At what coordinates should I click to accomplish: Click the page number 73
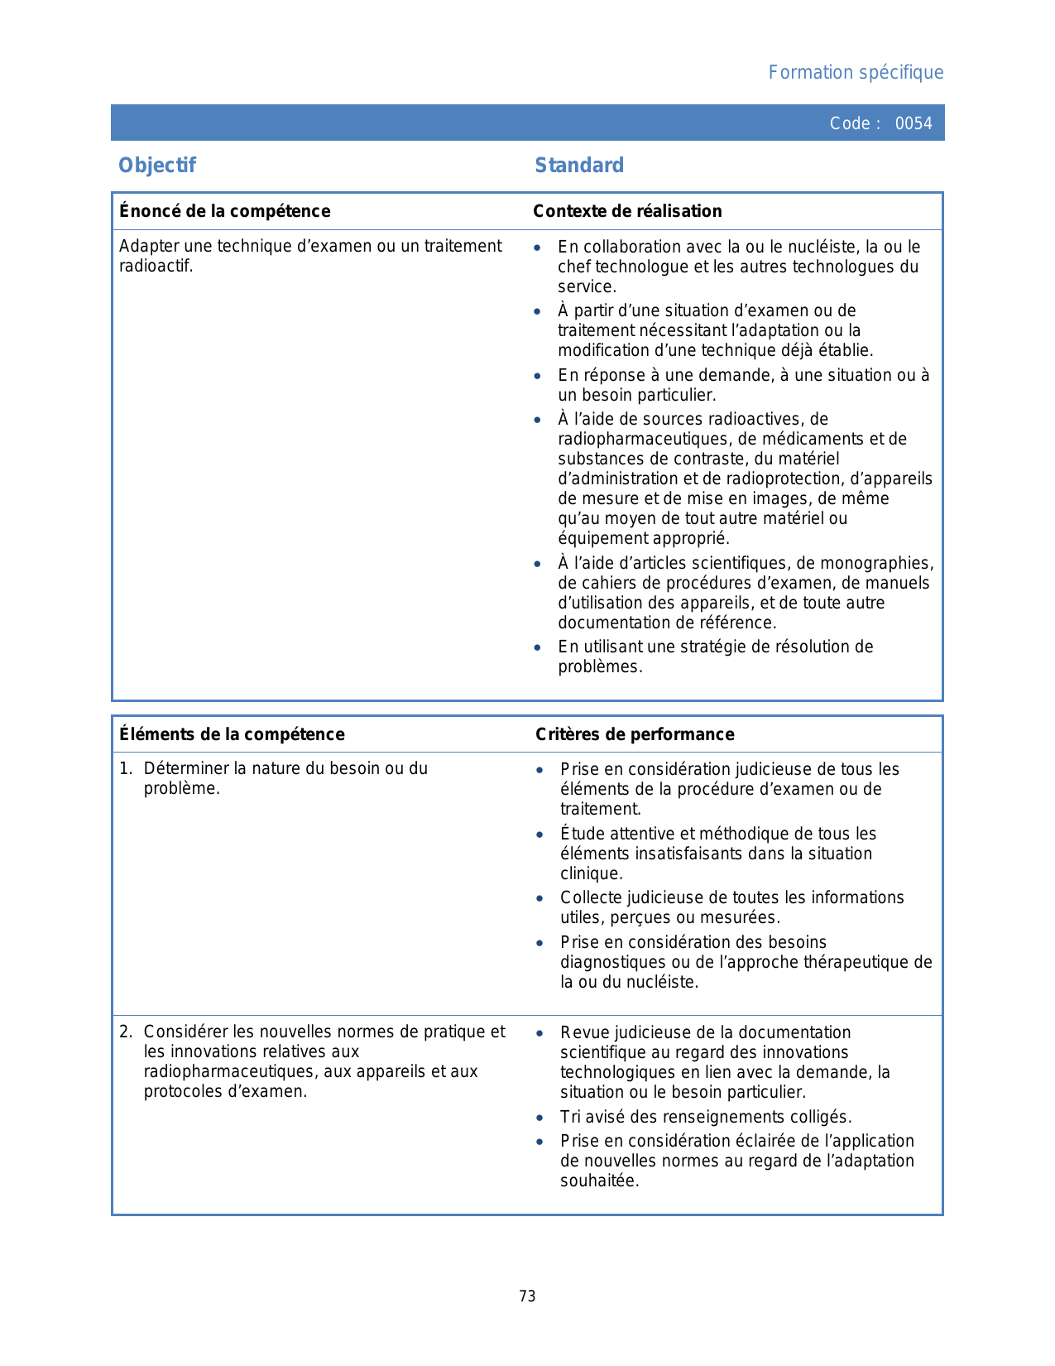tap(527, 1296)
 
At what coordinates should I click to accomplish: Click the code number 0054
tap(914, 123)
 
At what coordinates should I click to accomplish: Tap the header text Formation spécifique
tap(856, 73)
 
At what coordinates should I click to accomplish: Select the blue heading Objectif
tap(157, 166)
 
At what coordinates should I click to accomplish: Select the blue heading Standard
tap(579, 166)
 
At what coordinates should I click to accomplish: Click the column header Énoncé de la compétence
tap(225, 211)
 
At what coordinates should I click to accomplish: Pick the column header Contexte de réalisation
tap(627, 211)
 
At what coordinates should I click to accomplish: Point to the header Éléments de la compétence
tap(232, 734)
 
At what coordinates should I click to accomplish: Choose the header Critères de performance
tap(635, 734)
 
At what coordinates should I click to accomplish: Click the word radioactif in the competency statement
tap(156, 267)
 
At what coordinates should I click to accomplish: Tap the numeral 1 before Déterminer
tap(124, 768)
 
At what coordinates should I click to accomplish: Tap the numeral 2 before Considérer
tap(125, 1032)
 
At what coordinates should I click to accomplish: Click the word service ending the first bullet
tap(586, 287)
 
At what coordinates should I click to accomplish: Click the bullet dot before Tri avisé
tap(539, 1118)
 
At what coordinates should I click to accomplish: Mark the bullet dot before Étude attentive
tap(539, 835)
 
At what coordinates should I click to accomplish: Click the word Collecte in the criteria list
tap(591, 897)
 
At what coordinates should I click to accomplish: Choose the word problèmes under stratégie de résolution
tap(598, 666)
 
